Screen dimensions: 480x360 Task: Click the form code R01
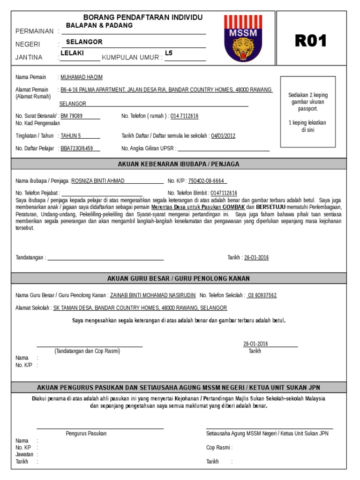point(310,41)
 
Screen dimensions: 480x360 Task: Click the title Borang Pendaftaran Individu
point(143,17)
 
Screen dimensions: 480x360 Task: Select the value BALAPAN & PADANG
point(99,25)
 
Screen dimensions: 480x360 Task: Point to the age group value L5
point(169,53)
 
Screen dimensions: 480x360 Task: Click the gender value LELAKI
point(72,53)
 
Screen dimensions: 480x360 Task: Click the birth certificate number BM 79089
point(72,116)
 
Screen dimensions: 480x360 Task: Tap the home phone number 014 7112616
point(184,116)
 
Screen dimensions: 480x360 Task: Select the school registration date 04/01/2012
point(223,136)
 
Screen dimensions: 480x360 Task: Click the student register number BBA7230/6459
point(77,149)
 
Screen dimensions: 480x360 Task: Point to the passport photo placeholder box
point(307,112)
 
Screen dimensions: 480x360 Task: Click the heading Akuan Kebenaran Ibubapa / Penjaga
point(180,164)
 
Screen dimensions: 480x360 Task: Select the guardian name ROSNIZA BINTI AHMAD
point(98,180)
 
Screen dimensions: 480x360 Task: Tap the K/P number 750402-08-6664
point(206,180)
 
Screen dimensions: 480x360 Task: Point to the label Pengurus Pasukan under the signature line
point(86,434)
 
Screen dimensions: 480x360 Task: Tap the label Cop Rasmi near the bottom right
point(219,448)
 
